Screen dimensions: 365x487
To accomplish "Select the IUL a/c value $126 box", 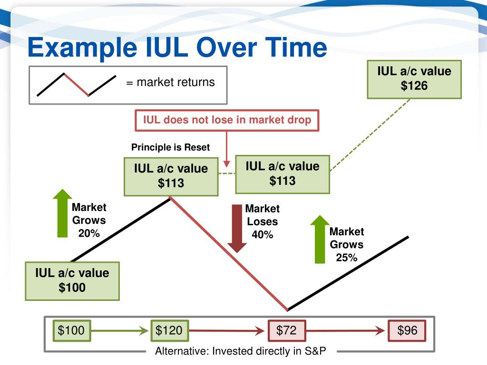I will coord(414,79).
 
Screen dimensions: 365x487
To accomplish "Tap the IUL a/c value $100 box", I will coord(72,280).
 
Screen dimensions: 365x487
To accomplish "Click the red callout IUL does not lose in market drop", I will coord(227,120).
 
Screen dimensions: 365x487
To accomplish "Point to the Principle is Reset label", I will coord(170,147).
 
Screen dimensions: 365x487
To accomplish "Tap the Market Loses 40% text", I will coord(263,221).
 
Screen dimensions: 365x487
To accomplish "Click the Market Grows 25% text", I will coord(347,245).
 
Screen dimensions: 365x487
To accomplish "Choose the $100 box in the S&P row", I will coord(71,330).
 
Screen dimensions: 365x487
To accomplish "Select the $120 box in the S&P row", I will coord(169,330).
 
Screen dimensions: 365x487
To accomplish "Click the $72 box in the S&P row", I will coord(286,330).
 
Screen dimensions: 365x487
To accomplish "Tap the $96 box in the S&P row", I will coord(407,330).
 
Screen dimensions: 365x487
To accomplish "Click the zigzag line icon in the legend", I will coord(76,85).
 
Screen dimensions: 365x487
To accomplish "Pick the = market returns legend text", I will coord(170,82).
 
